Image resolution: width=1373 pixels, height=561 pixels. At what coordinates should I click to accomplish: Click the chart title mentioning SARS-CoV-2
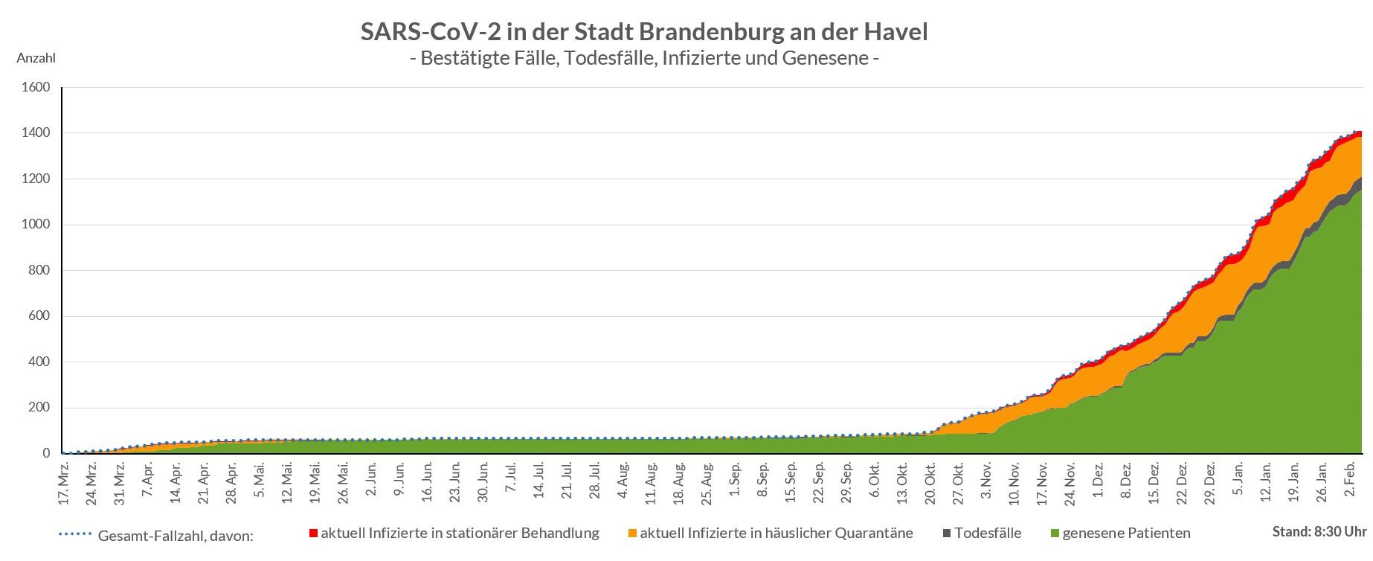[x=644, y=32]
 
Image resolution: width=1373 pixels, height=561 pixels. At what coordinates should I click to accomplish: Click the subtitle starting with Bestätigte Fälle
[x=644, y=58]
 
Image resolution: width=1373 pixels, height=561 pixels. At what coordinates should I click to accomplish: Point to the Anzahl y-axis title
[x=36, y=58]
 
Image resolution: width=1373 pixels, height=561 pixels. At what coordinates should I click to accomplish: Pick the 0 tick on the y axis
[x=46, y=453]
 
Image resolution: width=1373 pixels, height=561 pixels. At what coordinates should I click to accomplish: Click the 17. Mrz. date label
[x=65, y=484]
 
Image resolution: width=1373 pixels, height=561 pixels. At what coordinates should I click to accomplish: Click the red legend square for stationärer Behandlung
[x=313, y=533]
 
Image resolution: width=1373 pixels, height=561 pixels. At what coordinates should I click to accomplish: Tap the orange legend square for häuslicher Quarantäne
[x=632, y=533]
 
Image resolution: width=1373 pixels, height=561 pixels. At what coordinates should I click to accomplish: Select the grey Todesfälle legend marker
[x=947, y=533]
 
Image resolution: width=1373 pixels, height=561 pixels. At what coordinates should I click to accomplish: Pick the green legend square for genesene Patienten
[x=1055, y=533]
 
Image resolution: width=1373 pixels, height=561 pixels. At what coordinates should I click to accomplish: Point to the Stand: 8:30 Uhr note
[x=1319, y=532]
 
